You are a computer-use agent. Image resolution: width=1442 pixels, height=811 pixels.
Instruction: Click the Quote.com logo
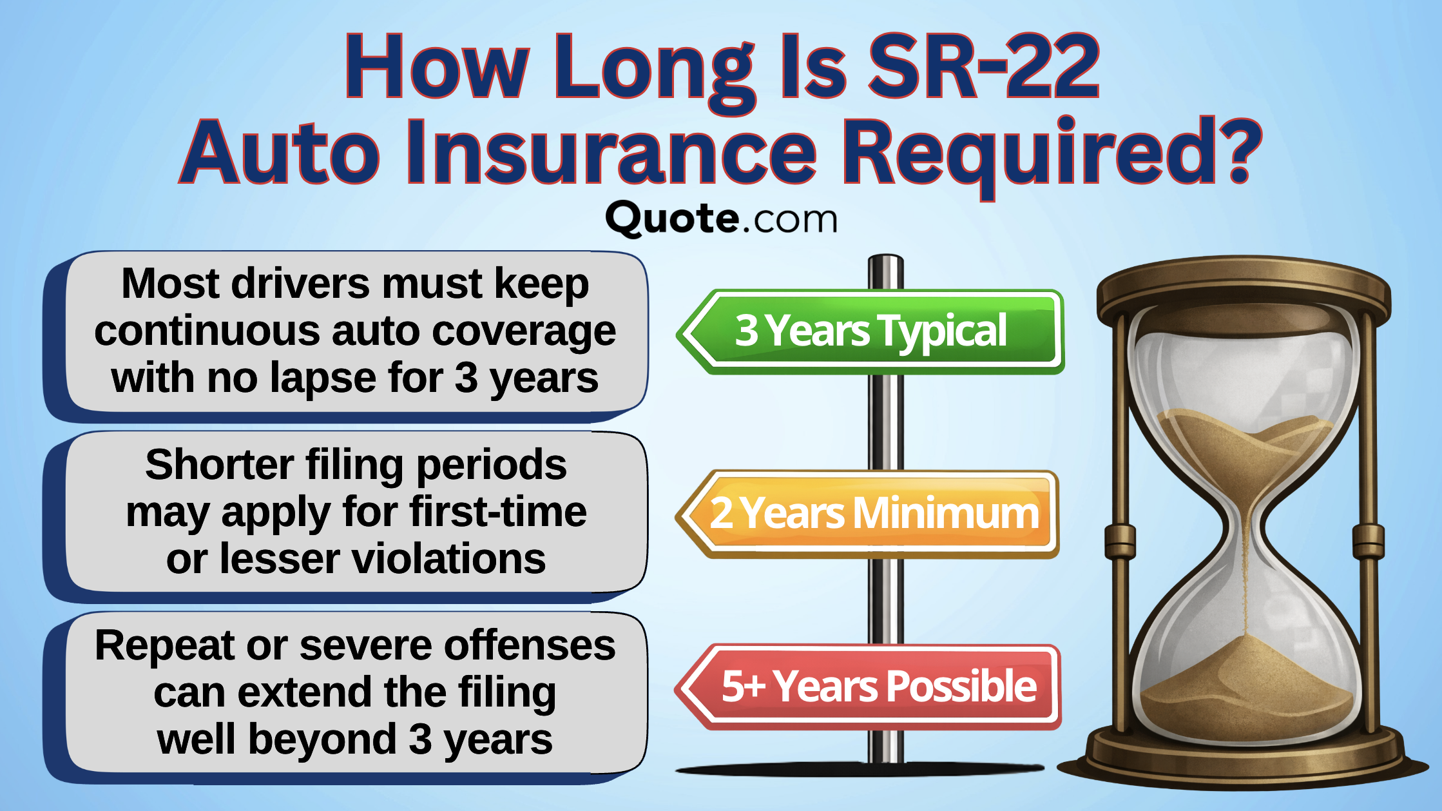pos(721,219)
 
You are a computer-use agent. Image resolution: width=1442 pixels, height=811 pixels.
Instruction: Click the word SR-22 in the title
pos(983,68)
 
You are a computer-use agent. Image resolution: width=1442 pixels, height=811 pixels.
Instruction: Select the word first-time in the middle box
pos(497,513)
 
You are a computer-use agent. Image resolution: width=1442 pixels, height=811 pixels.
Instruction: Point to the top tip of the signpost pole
pos(886,259)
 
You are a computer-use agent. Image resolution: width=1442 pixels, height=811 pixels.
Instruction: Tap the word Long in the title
pos(654,68)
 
